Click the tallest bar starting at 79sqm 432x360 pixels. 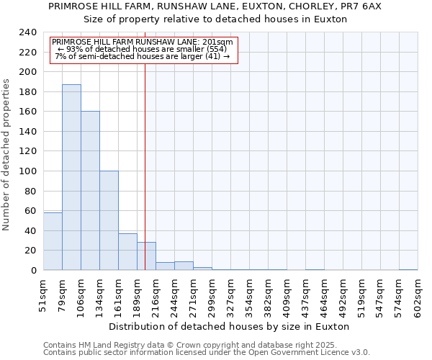coord(71,177)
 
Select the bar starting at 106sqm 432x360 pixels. coord(90,191)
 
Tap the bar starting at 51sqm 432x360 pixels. coord(53,241)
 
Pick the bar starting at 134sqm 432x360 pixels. coord(109,220)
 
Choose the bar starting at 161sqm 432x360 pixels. coord(127,252)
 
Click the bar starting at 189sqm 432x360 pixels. coord(146,256)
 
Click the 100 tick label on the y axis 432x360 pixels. coord(27,171)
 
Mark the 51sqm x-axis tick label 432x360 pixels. coord(44,294)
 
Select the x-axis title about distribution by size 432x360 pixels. coord(230,326)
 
